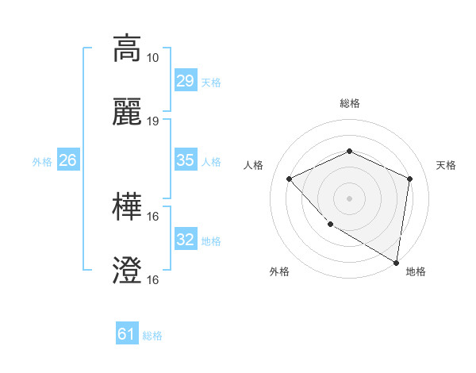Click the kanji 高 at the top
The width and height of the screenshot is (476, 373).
coord(127,48)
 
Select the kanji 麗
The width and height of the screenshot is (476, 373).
coord(127,112)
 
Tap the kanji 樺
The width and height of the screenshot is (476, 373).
coord(127,207)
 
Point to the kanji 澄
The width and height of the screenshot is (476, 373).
coord(127,271)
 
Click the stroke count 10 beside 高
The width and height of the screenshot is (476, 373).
coord(153,58)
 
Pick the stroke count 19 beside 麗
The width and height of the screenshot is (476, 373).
coord(153,121)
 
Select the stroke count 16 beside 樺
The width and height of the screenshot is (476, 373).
coord(153,217)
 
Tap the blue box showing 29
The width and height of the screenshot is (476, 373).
coord(185,81)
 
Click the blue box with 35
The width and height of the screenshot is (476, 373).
coord(185,160)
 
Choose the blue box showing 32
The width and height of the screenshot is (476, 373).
coord(185,240)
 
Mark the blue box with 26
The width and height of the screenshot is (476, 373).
coord(67,160)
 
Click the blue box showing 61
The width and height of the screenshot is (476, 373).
coord(127,334)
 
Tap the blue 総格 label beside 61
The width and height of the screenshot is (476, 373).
coord(152,336)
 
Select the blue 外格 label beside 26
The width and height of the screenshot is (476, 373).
coord(42,161)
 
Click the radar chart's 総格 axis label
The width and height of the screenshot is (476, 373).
coord(349,103)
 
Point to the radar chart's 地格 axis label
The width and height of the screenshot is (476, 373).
coord(416,271)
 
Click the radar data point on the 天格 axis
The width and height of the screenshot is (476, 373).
coord(409,179)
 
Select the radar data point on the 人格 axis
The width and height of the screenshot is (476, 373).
coord(290,179)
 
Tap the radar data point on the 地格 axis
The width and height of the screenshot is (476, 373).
coord(396,262)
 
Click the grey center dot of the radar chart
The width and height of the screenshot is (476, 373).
coord(349,198)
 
